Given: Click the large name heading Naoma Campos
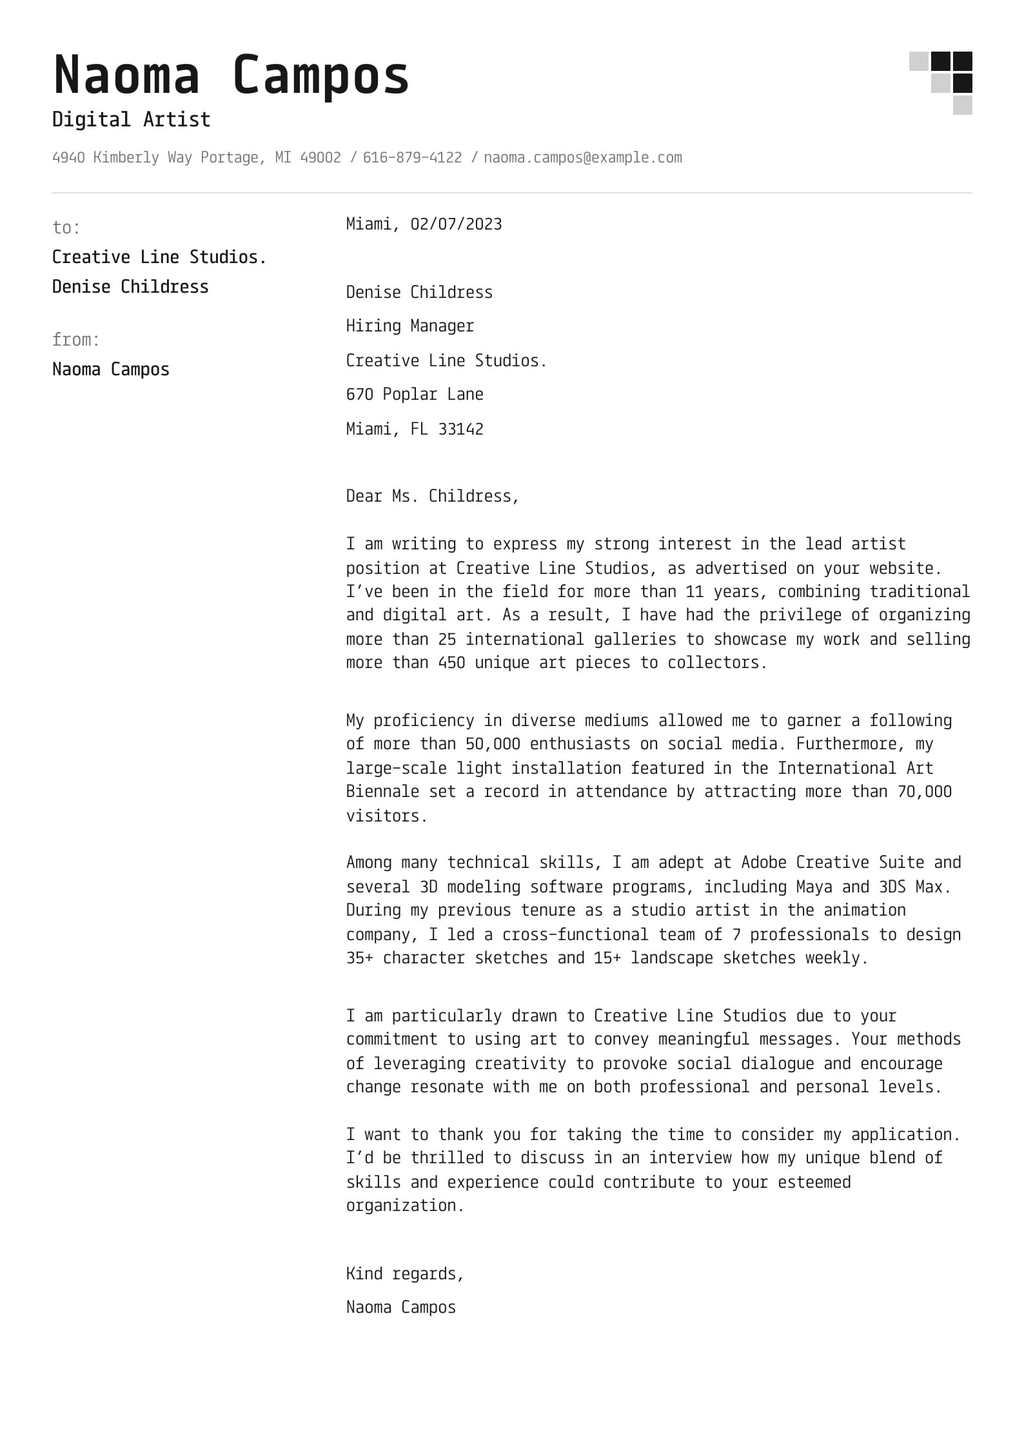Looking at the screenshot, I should [x=231, y=75].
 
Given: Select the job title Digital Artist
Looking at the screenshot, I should [x=131, y=119].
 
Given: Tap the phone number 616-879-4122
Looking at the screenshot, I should [x=412, y=157].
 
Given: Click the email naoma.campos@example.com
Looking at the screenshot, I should [x=582, y=157].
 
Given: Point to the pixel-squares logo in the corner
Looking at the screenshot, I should [x=941, y=83].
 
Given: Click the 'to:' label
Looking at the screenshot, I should [x=66, y=228].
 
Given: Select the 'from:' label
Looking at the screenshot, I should [x=75, y=340].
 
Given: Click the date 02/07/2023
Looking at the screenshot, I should [x=456, y=224].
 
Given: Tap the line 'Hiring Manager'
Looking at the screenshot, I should [x=409, y=326].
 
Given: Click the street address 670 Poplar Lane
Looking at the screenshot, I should [x=414, y=394].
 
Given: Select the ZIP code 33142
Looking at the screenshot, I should [x=460, y=429].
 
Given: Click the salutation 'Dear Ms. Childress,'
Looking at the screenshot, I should [x=432, y=496].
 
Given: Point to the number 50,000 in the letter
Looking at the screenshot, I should [x=492, y=743].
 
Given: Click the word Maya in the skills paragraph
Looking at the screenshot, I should [x=814, y=887].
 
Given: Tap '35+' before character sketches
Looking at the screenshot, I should [x=359, y=958].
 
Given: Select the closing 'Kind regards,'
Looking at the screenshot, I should [x=404, y=1274].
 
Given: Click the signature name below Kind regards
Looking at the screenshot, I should [x=400, y=1307].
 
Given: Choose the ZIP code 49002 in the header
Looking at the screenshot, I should [x=320, y=157].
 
